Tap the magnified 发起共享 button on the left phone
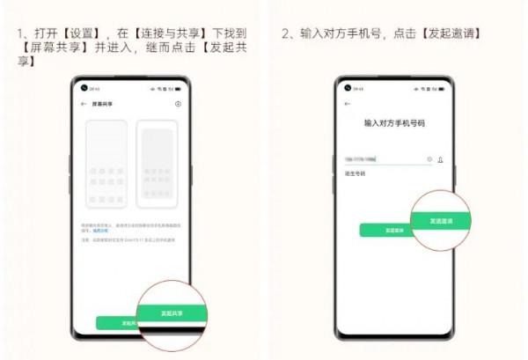[173, 312]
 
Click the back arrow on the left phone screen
[83, 104]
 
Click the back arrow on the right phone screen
[348, 104]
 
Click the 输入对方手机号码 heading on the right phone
[394, 124]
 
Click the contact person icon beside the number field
[440, 160]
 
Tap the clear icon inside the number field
[429, 159]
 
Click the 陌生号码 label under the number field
[354, 173]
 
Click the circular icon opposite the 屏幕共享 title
[179, 104]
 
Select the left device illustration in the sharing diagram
[107, 164]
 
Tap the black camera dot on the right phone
[348, 88]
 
